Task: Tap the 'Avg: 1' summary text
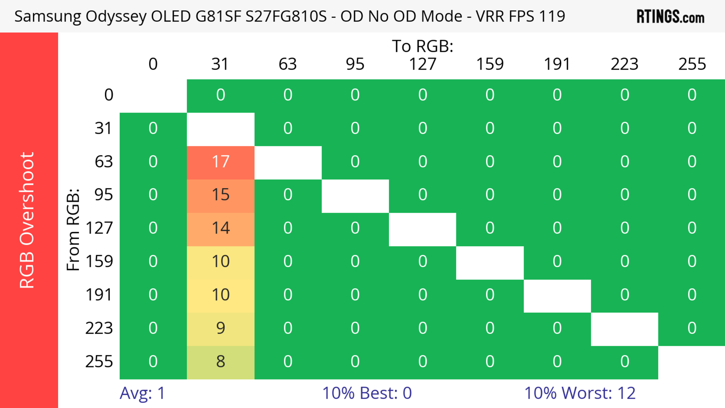pyautogui.click(x=142, y=393)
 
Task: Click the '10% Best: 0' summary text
pyautogui.click(x=367, y=393)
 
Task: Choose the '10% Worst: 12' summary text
pyautogui.click(x=580, y=393)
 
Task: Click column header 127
pyautogui.click(x=423, y=64)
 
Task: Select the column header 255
pyautogui.click(x=692, y=64)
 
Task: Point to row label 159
pyautogui.click(x=99, y=261)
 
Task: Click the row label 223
pyautogui.click(x=99, y=328)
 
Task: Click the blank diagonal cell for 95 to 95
pyautogui.click(x=355, y=196)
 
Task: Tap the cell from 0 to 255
pyautogui.click(x=692, y=95)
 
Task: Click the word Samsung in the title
pyautogui.click(x=48, y=16)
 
